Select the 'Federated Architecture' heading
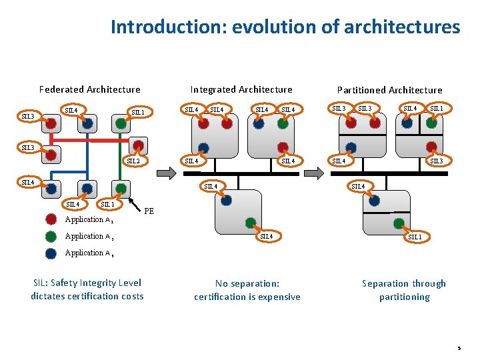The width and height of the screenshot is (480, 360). tap(89, 89)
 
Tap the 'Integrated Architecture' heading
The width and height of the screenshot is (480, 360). tap(241, 89)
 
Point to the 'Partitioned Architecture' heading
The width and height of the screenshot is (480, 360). tap(389, 90)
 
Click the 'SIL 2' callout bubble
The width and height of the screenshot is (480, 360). tap(133, 161)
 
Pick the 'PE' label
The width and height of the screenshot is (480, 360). tap(149, 211)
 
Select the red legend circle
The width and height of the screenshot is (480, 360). tap(51, 219)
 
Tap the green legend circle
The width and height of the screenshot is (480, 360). tap(51, 236)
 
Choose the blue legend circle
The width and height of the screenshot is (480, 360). tap(51, 253)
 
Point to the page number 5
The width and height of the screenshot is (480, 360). tap(459, 348)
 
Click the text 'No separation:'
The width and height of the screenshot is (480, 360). tap(247, 283)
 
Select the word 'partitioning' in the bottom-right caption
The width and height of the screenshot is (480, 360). tap(404, 297)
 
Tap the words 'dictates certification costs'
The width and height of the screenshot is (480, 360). tap(87, 296)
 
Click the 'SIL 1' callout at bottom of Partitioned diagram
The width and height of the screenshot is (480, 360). tap(415, 237)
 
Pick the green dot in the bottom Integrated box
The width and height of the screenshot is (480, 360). tap(250, 223)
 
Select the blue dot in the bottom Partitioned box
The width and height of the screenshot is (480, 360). tap(375, 199)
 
